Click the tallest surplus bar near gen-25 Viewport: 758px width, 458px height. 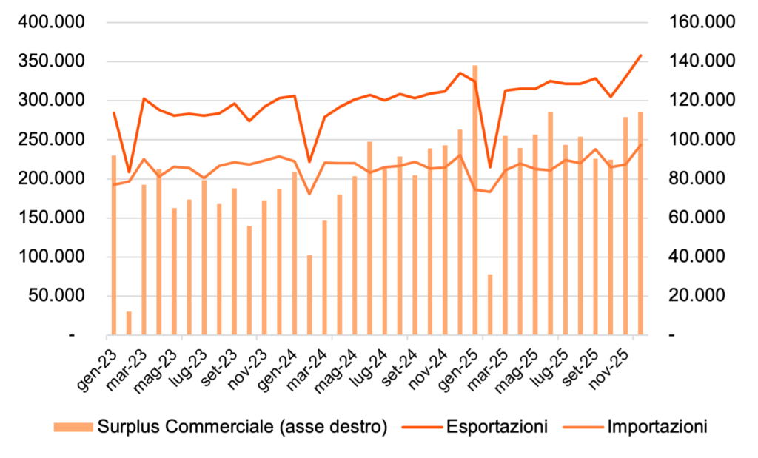point(474,200)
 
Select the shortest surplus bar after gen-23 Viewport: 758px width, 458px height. point(129,323)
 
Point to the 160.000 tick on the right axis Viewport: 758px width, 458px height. point(700,22)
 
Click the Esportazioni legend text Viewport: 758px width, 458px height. point(497,427)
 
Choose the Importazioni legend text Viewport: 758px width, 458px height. point(657,427)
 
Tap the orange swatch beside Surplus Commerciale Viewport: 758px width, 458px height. point(73,427)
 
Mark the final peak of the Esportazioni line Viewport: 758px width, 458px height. point(641,55)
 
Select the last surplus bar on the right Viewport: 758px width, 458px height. point(641,223)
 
